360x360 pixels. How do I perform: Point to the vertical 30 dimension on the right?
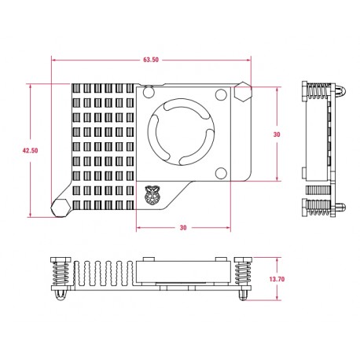tap(276, 134)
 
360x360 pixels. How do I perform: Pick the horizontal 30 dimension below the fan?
tap(183, 228)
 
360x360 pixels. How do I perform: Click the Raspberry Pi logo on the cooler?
tap(152, 193)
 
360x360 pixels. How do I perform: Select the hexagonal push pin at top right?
tap(243, 94)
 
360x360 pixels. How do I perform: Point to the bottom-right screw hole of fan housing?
tap(221, 173)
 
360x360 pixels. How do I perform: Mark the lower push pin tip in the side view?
tap(340, 208)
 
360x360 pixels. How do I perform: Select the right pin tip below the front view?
tap(242, 296)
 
